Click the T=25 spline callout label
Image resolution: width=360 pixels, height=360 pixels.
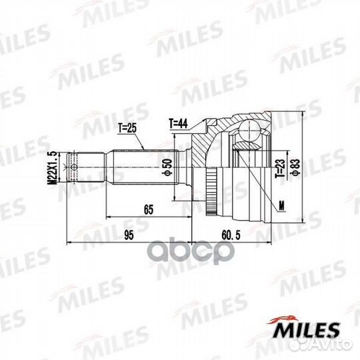click(x=127, y=128)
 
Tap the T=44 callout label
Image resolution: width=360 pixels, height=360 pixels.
click(x=178, y=123)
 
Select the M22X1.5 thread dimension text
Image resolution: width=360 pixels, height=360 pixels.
click(x=53, y=167)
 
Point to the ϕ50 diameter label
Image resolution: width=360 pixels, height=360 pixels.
click(x=168, y=167)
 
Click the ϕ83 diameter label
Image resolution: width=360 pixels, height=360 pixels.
click(x=296, y=167)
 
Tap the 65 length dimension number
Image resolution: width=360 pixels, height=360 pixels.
click(x=149, y=209)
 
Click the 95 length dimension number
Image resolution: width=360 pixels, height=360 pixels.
click(x=129, y=235)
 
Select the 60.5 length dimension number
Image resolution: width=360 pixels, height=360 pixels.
click(x=231, y=235)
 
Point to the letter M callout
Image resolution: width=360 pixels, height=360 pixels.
click(x=281, y=206)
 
